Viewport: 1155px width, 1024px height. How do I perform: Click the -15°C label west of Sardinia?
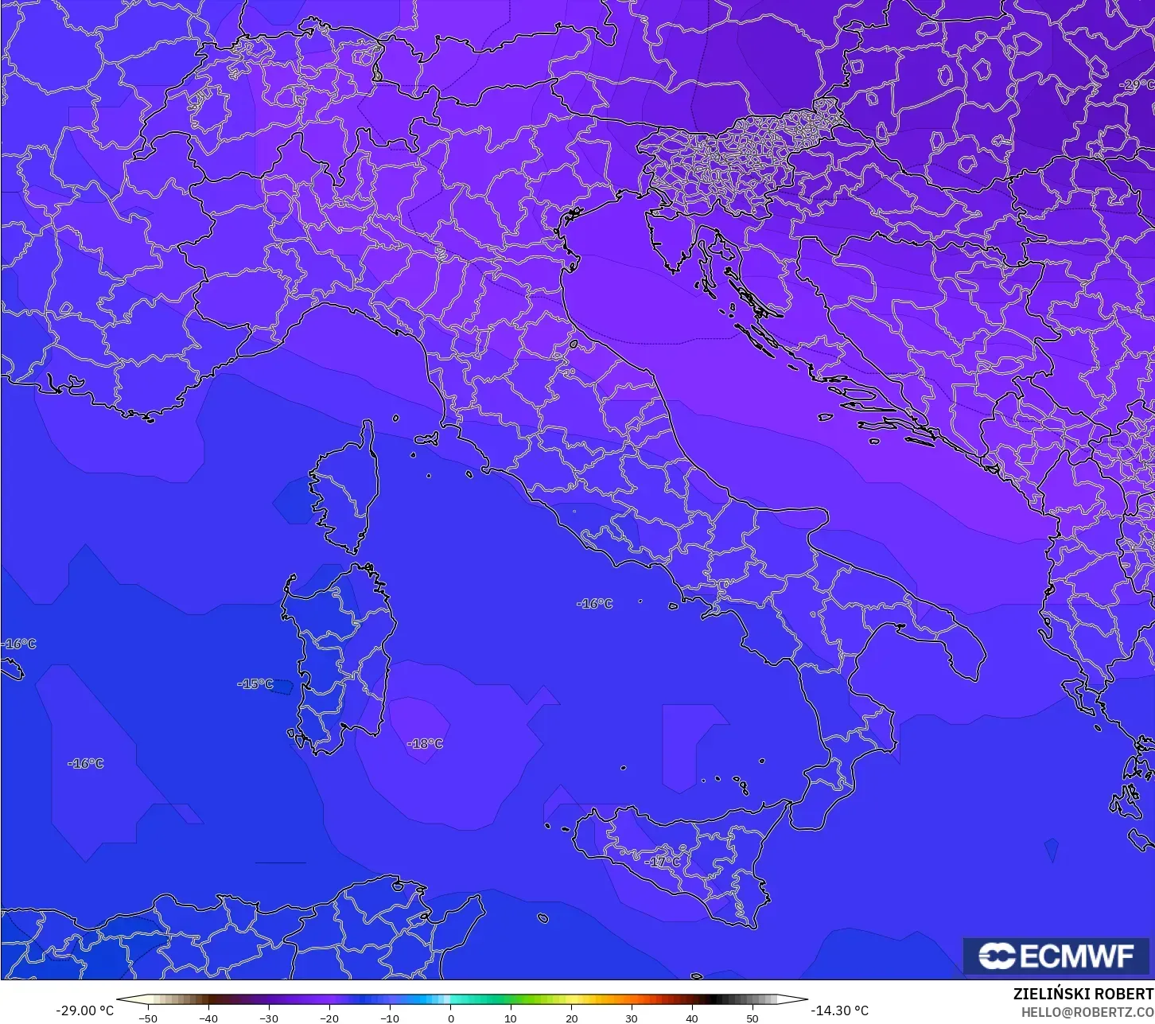255,684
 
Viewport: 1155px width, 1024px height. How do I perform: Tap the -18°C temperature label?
425,744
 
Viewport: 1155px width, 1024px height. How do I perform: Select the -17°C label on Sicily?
663,862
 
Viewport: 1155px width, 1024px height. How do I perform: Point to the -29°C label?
1137,85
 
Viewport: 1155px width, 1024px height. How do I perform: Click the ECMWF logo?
1057,956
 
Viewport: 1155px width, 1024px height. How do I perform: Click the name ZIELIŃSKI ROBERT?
1083,994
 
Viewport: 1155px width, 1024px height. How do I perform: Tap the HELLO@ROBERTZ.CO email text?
1087,1012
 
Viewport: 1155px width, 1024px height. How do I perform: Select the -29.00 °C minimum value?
84,1010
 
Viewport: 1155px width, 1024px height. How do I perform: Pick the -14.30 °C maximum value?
839,1010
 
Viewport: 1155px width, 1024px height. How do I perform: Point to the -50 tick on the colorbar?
147,1018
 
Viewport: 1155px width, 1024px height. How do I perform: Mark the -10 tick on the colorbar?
389,1018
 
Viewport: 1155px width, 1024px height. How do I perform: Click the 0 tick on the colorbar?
450,1018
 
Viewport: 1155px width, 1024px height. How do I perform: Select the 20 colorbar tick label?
571,1018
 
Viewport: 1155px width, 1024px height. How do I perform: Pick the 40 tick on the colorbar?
692,1018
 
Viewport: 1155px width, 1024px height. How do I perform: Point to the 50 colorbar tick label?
752,1018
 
